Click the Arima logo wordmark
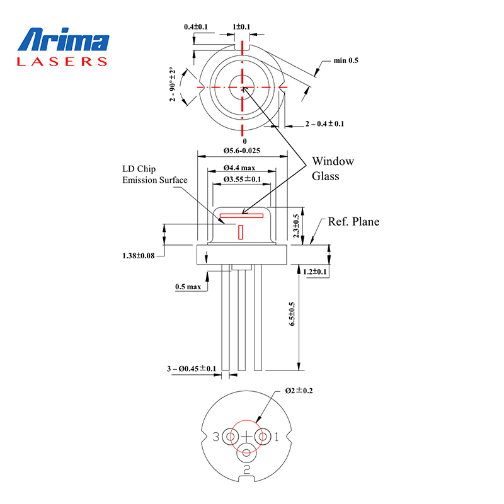pyautogui.click(x=64, y=40)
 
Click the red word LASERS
pyautogui.click(x=62, y=62)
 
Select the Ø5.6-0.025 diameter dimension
pyautogui.click(x=242, y=151)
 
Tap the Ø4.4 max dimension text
pyautogui.click(x=239, y=168)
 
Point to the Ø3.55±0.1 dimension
pyautogui.click(x=243, y=179)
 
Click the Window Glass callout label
pyautogui.click(x=333, y=168)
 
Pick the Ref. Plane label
pyautogui.click(x=353, y=222)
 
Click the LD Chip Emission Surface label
pyautogui.click(x=154, y=175)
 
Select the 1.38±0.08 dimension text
pyautogui.click(x=139, y=256)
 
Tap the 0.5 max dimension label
pyautogui.click(x=188, y=287)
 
